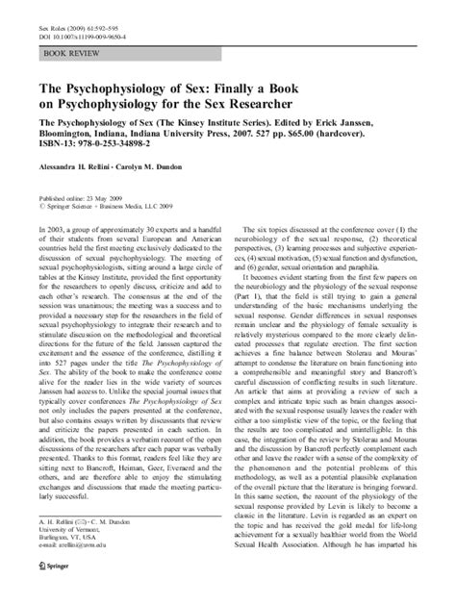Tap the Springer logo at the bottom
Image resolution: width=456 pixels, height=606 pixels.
click(x=49, y=593)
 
